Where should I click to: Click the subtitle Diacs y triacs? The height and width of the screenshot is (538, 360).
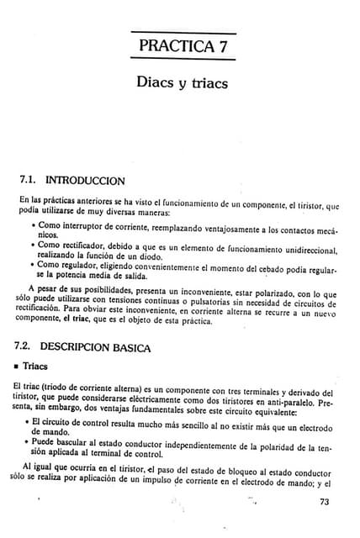182,84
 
